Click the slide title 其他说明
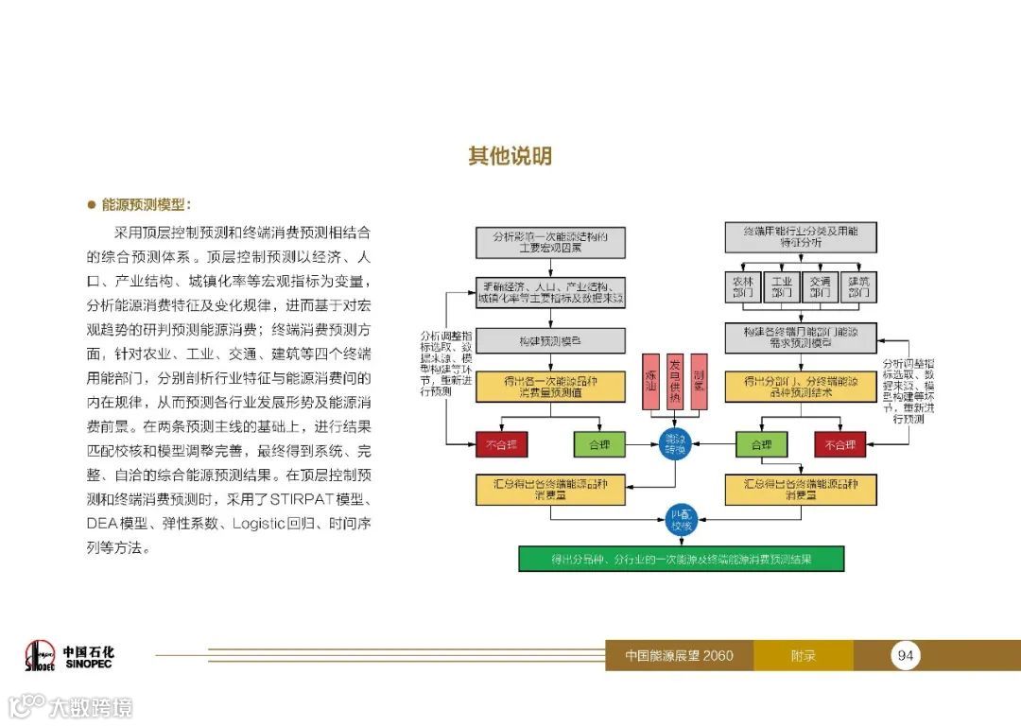pos(510,156)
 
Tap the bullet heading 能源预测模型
pos(146,204)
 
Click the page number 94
pos(906,655)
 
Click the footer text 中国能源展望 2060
pos(679,655)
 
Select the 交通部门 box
pos(820,287)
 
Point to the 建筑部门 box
pos(858,287)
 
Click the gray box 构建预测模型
pos(550,340)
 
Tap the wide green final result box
pos(681,559)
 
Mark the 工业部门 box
pos(782,287)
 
